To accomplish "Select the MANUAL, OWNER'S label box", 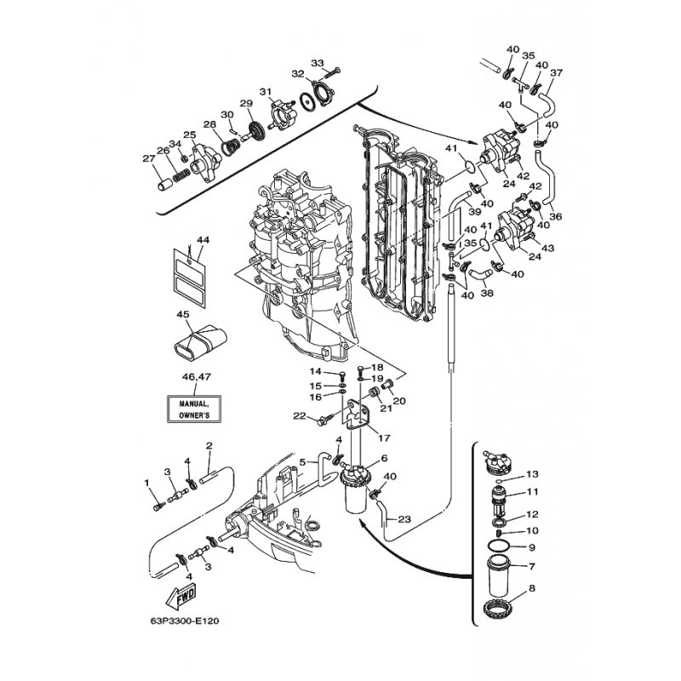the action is pos(194,409).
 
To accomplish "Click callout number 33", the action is pos(318,63).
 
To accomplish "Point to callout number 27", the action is pos(149,158).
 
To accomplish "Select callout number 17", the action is pos(384,438).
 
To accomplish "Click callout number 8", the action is pos(532,588).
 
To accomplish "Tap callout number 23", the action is pos(404,519).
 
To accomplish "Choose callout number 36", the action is pos(555,216).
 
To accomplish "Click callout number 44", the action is pos(203,240).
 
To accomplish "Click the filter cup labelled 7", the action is pos(500,576).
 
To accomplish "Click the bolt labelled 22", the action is pos(325,419).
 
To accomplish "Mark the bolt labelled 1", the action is pos(159,506).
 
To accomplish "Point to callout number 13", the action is pos(532,474).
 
